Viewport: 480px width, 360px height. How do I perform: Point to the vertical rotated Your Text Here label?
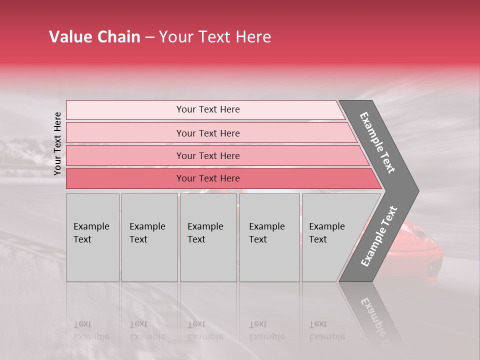pos(57,143)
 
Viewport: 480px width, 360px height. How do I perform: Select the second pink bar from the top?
pos(207,133)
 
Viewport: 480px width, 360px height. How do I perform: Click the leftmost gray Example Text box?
pos(92,237)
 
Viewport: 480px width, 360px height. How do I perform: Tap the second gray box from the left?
pos(149,237)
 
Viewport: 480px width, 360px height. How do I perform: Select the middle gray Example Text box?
pos(208,237)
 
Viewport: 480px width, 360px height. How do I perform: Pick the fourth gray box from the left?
pos(269,237)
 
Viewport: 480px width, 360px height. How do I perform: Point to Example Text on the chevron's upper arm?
pos(377,142)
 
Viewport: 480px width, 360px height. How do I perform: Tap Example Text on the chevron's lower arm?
pos(379,236)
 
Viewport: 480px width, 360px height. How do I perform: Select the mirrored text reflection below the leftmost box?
pos(91,330)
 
